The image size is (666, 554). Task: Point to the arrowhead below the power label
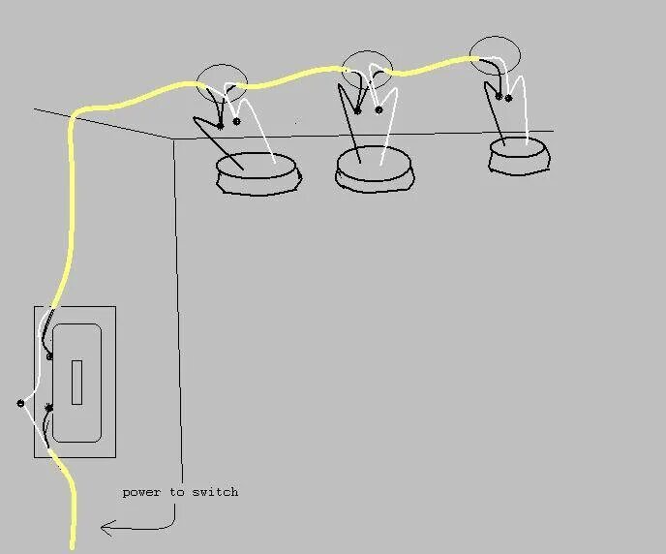click(105, 528)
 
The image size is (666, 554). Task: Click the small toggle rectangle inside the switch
click(76, 382)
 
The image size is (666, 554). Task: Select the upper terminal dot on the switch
click(49, 356)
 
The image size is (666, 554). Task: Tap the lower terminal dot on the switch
click(48, 409)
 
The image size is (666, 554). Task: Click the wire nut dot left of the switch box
click(20, 403)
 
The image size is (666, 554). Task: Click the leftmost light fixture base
click(257, 174)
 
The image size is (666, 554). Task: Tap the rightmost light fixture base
click(519, 156)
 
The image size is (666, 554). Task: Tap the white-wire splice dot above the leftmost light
click(236, 122)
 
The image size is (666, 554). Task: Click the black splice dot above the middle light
click(357, 110)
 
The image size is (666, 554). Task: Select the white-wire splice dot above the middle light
click(378, 109)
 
